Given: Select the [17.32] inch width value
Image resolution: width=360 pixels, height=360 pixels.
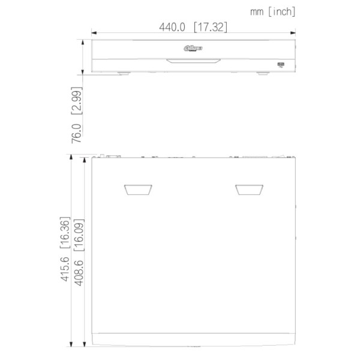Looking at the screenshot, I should coord(209,26).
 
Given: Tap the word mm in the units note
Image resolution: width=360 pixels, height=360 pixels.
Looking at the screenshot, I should coord(256,11).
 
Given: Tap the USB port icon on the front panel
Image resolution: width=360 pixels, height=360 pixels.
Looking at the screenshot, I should coord(281,63).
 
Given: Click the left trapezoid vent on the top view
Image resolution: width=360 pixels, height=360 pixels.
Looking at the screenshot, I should coord(137,190).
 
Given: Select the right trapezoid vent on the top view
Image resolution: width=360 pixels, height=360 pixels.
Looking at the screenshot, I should coord(249,190).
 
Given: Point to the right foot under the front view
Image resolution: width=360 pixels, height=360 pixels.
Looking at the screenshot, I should coord(263,74).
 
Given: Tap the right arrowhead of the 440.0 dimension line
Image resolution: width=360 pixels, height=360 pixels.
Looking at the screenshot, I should coord(293,34).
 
